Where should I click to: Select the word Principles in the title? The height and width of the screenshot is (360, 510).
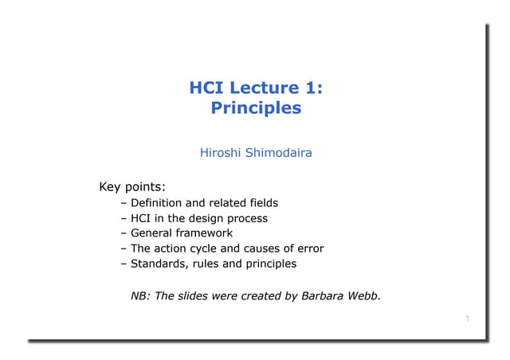(256, 108)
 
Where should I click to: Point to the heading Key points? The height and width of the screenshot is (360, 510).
(131, 188)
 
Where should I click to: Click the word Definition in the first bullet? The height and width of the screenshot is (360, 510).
(158, 203)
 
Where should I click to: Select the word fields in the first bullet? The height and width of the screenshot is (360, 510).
(261, 203)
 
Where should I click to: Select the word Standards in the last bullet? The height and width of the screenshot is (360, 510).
(158, 264)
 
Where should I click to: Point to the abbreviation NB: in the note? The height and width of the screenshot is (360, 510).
(139, 296)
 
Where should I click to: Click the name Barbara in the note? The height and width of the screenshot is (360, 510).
(324, 296)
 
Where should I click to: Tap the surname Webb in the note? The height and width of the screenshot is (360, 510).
(364, 296)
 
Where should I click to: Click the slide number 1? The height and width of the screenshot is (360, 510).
(468, 319)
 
